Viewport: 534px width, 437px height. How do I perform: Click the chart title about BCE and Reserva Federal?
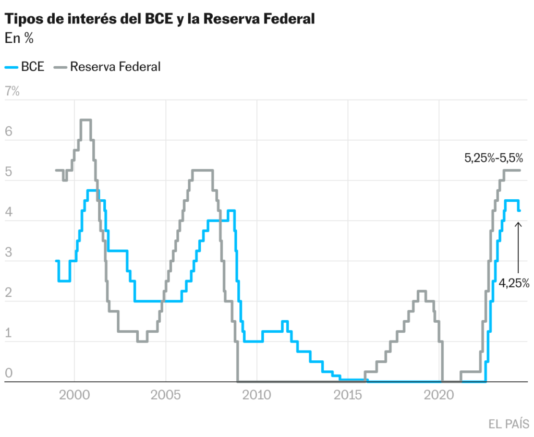[x=160, y=20]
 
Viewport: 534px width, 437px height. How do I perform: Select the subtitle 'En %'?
[x=19, y=38]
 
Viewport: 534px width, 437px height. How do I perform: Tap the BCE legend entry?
[x=25, y=67]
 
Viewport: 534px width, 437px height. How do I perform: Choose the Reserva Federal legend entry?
[x=107, y=67]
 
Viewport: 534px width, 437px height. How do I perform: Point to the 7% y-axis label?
[x=12, y=91]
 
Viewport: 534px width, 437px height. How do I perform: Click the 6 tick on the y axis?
[x=8, y=131]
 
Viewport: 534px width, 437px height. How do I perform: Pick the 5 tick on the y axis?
[x=8, y=172]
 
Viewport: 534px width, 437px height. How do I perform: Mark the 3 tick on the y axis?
[x=8, y=252]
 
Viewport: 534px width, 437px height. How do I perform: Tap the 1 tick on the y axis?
[x=8, y=333]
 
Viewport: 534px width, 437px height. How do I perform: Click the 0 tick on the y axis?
[x=8, y=373]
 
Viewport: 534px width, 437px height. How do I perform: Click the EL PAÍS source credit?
[x=509, y=423]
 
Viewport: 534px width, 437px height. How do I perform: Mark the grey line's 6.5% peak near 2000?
[x=86, y=120]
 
